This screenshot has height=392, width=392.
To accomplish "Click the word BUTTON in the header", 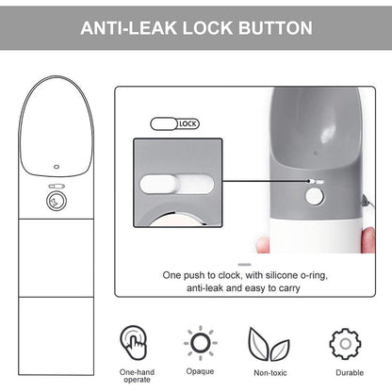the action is pos(275,28).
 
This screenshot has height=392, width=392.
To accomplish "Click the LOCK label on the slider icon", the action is pos(188,124).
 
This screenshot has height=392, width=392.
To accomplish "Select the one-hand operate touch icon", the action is pos(133,343).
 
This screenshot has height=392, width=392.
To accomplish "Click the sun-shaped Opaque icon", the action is pos(200,343).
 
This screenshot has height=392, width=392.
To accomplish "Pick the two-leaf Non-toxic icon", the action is pos(269,344).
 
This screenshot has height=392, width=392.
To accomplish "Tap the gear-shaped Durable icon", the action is pos(345,344).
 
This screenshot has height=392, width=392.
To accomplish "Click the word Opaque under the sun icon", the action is pos(200,371).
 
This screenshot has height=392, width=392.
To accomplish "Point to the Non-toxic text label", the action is pos(270,373).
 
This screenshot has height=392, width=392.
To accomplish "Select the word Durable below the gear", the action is pos(350,372).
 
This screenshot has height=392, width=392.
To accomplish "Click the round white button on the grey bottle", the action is pos(314,197).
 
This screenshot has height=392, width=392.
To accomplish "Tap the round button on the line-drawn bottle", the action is pos(57,201).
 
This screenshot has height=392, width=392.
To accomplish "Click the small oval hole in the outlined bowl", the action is pos(57,167).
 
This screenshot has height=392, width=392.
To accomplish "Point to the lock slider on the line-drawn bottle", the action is pos(57,186).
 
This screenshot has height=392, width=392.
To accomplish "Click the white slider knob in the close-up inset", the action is pos(159,184).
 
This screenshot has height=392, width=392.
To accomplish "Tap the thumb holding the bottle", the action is pos(367,239).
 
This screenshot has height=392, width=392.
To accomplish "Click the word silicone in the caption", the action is pos(282,275).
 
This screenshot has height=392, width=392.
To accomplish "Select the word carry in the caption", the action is pos(288,287).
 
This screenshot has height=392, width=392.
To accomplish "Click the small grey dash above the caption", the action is pos(244,265).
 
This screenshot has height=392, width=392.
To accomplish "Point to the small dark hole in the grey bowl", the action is pos(316,154).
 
